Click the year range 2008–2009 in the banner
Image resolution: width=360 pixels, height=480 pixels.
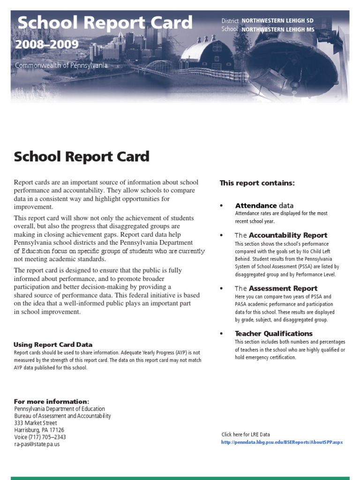pos(46,45)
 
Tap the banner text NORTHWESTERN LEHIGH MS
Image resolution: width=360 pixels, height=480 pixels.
pos(277,30)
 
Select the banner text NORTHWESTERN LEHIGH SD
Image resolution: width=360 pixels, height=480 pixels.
pos(277,21)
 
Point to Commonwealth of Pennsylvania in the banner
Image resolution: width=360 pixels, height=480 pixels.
pos(61,65)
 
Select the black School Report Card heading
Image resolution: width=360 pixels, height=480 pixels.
pos(82,157)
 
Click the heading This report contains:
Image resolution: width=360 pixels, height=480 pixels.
pos(257,183)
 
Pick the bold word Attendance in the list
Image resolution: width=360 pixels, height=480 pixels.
pos(256,205)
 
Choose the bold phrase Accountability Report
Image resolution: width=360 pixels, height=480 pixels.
pos(288,235)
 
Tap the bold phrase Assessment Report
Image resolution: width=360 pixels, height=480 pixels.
pos(283,288)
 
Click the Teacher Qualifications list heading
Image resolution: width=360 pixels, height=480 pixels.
pos(274,333)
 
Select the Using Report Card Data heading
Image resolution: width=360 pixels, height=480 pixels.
pos(53,345)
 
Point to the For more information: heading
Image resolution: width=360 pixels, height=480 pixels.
pos(52,402)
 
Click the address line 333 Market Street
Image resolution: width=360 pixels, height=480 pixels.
pos(36,423)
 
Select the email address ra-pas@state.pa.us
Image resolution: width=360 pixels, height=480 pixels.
pos(37,444)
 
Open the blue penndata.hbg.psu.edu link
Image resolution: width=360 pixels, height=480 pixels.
pos(282,442)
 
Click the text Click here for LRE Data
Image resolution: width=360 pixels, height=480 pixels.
pos(246,435)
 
